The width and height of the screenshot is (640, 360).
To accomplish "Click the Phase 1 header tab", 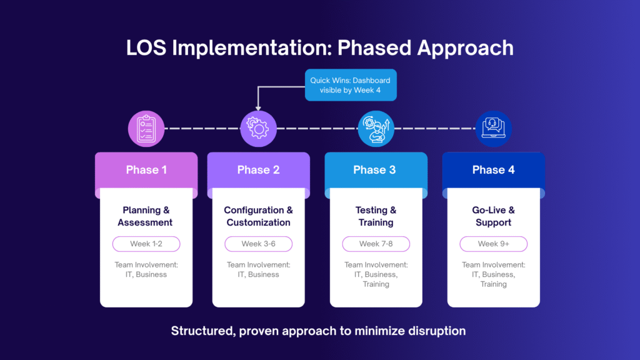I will [x=146, y=170].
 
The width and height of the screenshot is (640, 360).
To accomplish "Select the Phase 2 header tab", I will [x=258, y=170].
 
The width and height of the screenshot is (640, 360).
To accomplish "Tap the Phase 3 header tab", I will [x=375, y=170].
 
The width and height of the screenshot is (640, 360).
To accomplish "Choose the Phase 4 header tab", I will [x=493, y=170].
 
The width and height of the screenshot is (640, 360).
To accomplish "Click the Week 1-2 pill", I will [x=146, y=244].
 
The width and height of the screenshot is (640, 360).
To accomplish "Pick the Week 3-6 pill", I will [x=258, y=244].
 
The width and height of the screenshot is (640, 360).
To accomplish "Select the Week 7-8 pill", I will [x=376, y=244].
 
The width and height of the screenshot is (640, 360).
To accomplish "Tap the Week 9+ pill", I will [x=493, y=244].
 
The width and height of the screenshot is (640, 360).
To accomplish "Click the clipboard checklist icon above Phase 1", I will [x=146, y=129].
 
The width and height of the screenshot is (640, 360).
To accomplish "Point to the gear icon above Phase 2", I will [x=258, y=129].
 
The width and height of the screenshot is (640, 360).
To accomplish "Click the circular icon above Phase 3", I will [x=376, y=129].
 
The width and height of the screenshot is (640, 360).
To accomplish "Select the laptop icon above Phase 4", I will [x=493, y=129].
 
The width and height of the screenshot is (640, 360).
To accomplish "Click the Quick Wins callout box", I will [x=350, y=85].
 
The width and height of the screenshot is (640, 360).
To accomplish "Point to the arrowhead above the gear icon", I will [x=258, y=108].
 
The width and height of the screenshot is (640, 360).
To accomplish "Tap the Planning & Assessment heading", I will [x=146, y=216].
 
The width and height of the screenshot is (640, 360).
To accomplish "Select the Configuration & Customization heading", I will [x=258, y=216].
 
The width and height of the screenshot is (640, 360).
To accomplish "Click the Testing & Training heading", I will [x=376, y=216].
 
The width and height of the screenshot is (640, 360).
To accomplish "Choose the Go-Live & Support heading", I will [x=493, y=216].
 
